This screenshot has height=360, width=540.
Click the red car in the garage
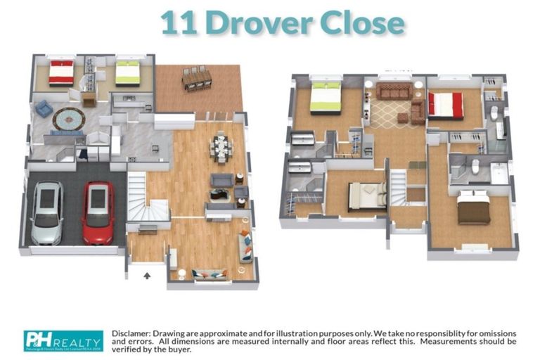98,212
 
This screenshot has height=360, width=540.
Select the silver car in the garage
47,212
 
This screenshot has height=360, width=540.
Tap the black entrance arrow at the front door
146,276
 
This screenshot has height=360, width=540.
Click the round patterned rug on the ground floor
68,119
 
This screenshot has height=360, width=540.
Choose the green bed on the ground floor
128,72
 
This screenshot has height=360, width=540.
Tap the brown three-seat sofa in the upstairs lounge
394,91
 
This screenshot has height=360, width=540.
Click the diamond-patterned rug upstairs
389,115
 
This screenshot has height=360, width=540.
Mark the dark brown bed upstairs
474,208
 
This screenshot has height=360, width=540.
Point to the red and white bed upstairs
446,105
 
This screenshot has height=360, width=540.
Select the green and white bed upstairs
325,96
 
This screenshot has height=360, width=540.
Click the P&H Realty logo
63,340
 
